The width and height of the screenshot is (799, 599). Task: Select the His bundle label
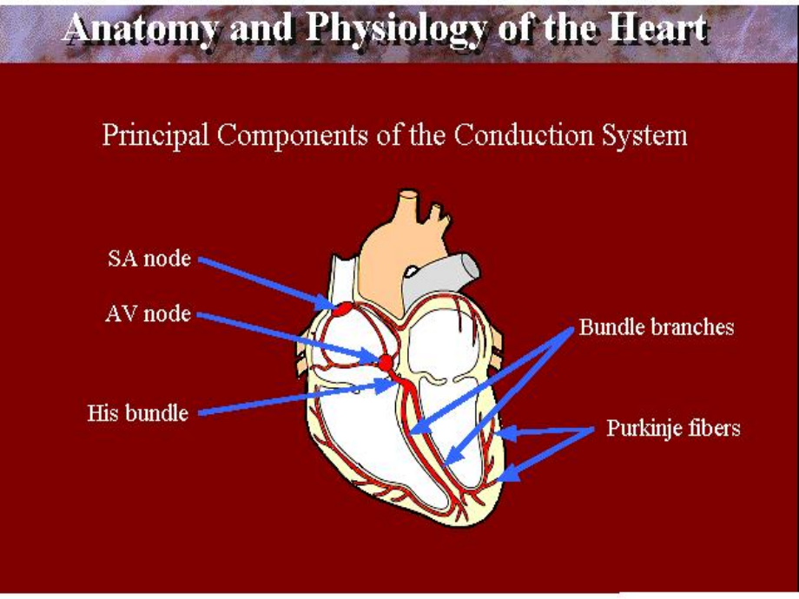tap(138, 413)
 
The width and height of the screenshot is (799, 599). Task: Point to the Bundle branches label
tap(657, 327)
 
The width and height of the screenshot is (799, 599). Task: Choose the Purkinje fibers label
tap(673, 429)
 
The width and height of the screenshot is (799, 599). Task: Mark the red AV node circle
tap(386, 359)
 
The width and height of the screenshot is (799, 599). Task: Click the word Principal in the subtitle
tap(155, 136)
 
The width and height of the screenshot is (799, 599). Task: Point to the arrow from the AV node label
tap(287, 337)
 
